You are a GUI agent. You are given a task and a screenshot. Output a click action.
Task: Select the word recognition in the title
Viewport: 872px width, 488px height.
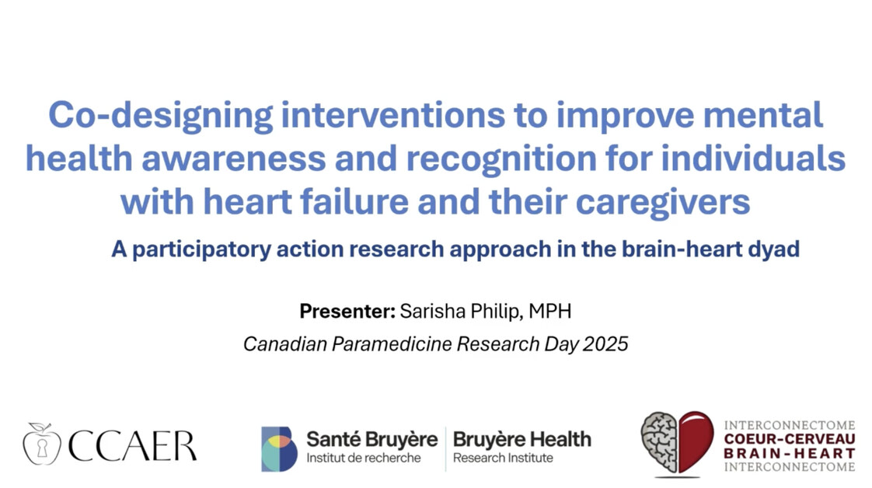501,159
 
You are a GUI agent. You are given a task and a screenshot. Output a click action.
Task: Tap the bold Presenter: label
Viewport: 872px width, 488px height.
347,311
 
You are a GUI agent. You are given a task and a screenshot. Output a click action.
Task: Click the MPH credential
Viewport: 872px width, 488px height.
549,311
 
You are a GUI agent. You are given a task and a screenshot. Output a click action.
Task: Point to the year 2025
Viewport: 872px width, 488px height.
605,344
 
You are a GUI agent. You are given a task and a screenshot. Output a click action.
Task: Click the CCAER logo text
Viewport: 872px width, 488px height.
132,446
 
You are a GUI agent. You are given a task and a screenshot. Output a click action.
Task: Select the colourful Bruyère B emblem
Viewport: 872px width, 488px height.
279,449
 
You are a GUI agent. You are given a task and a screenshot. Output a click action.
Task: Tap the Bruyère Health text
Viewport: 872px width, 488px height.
521,440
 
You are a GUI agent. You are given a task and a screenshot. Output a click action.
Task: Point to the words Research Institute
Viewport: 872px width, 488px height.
503,458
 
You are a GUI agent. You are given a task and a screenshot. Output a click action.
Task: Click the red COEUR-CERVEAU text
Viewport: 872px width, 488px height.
789,439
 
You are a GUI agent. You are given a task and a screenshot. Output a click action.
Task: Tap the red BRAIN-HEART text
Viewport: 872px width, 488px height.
789,453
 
